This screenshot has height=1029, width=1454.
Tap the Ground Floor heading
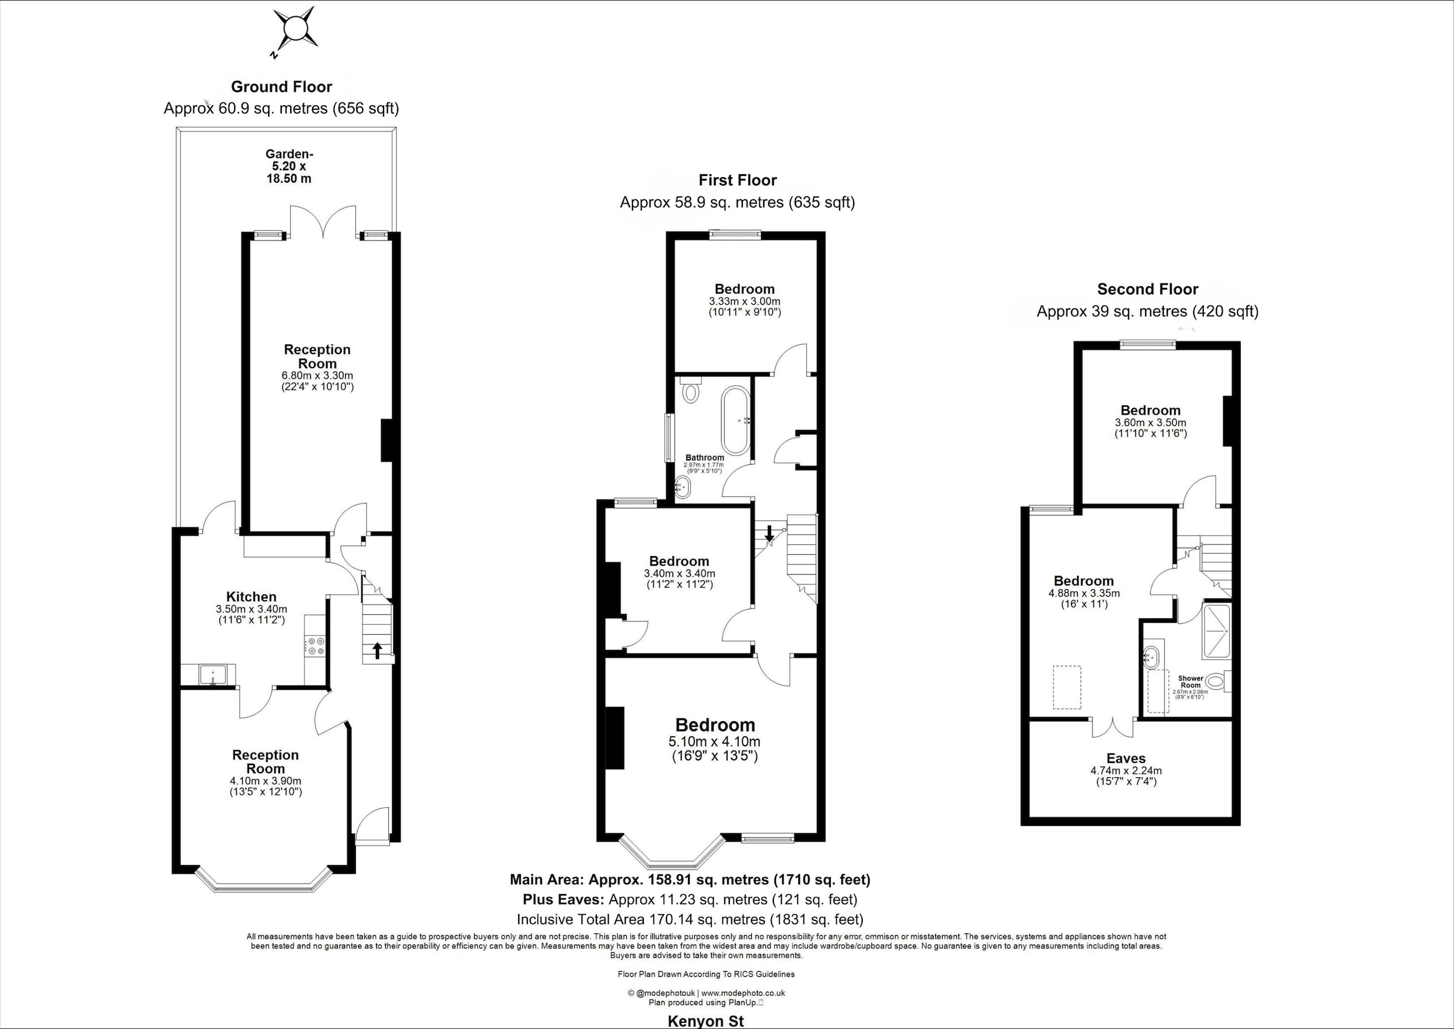281,87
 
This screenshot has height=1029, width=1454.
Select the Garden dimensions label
289,166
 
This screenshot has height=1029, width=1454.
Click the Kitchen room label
252,597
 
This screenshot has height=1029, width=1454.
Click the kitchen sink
213,675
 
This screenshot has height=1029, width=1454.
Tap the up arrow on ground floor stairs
377,650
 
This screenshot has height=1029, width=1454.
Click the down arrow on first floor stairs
769,533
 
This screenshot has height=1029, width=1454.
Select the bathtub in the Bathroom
735,420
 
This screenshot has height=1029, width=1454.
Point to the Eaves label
1126,759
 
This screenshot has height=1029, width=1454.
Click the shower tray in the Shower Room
1216,632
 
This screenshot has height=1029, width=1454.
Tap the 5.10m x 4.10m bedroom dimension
715,741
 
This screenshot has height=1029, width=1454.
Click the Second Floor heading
1147,290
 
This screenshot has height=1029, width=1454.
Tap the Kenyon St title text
706,1021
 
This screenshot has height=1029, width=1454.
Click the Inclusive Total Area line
690,919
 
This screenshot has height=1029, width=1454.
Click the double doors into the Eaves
1112,727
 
